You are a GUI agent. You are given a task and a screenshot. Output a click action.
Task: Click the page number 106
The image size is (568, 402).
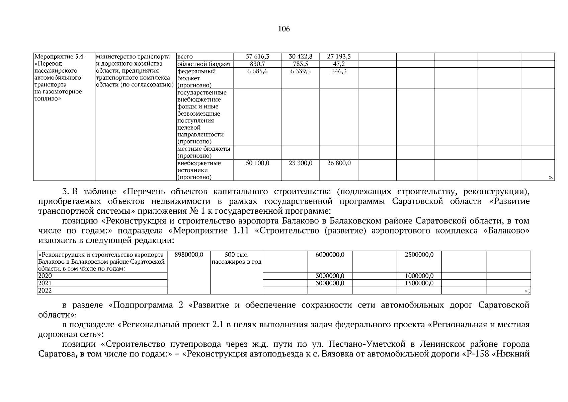pyautogui.click(x=284, y=29)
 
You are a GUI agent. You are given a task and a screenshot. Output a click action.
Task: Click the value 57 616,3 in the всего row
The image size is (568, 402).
pyautogui.click(x=257, y=57)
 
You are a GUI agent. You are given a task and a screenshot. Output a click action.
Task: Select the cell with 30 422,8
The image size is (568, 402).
pyautogui.click(x=300, y=57)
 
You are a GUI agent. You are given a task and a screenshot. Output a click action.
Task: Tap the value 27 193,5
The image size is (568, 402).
pyautogui.click(x=339, y=57)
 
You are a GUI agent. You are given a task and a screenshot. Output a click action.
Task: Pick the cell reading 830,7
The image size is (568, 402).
pyautogui.click(x=257, y=64)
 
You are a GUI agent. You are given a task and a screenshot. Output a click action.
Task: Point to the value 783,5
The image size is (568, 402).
pyautogui.click(x=300, y=64)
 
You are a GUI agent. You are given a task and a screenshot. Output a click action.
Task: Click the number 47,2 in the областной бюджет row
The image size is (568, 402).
pyautogui.click(x=339, y=64)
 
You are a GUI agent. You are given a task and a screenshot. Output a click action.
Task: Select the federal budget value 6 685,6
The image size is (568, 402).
pyautogui.click(x=257, y=71)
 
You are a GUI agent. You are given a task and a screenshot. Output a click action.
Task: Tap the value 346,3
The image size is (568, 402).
pyautogui.click(x=339, y=71)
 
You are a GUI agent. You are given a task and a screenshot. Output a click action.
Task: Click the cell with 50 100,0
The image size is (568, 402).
pyautogui.click(x=257, y=163)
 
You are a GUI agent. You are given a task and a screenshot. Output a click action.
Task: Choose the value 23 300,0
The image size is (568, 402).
pyautogui.click(x=300, y=163)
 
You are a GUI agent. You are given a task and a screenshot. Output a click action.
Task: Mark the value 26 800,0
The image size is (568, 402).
pyautogui.click(x=339, y=163)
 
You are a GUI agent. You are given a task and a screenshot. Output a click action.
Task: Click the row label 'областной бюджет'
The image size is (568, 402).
pyautogui.click(x=204, y=64)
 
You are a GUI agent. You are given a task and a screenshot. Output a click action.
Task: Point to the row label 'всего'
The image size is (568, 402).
pyautogui.click(x=185, y=57)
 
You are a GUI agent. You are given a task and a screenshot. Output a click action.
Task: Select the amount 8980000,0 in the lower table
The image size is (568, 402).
pyautogui.click(x=189, y=255)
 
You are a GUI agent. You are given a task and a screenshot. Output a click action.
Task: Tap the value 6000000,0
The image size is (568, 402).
pyautogui.click(x=330, y=255)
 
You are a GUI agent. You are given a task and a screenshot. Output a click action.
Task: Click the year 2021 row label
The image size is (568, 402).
pyautogui.click(x=45, y=283)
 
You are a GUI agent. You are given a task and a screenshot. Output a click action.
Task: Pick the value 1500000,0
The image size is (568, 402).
pyautogui.click(x=419, y=283)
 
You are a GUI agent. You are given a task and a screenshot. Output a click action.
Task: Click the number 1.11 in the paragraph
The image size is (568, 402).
pyautogui.click(x=239, y=231)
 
